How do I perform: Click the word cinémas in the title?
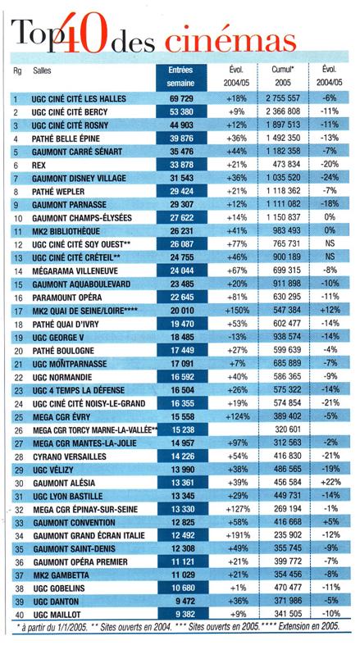point(230,42)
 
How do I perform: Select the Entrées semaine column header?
point(181,76)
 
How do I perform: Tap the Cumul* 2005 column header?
point(283,76)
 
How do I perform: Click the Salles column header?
point(42,70)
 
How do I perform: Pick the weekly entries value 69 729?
point(181,98)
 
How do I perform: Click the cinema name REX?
point(39,165)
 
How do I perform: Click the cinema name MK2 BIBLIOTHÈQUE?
point(66,231)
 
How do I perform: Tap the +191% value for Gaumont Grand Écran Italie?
point(237,535)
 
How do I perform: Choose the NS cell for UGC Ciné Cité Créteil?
point(330,257)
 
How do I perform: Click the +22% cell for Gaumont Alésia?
point(330,482)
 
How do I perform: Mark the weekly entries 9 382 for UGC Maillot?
point(182,614)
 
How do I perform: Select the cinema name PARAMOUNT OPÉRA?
point(67,297)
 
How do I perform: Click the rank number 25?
point(17,417)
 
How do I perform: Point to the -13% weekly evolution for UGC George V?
point(236,337)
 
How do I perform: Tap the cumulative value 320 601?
point(288,429)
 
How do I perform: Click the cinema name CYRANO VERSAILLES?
point(70,456)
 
